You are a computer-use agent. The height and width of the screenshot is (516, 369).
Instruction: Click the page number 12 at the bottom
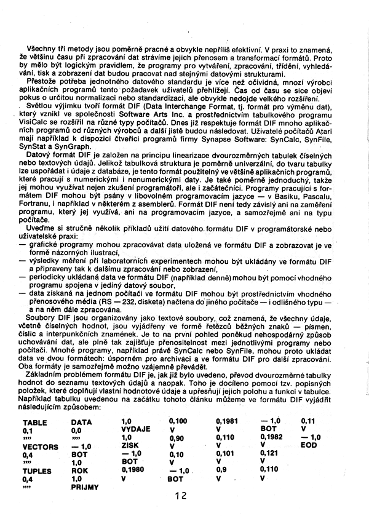180,496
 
